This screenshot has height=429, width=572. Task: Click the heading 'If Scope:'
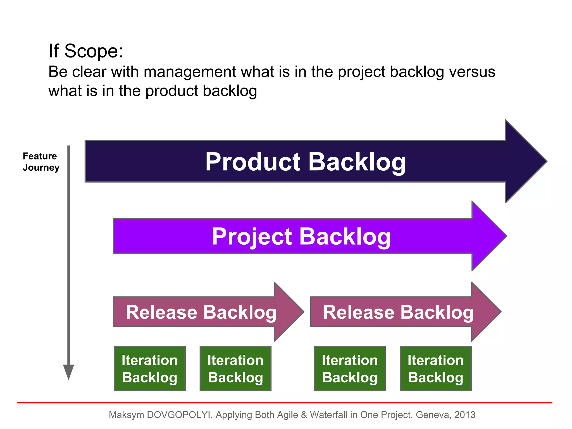tap(86, 51)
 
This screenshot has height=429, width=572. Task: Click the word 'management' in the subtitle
tap(190, 72)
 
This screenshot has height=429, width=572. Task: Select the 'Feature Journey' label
tap(41, 162)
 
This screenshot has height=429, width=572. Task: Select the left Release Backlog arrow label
tap(201, 312)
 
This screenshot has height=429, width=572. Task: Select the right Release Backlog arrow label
tap(398, 312)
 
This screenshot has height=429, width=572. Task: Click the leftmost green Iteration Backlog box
tap(150, 368)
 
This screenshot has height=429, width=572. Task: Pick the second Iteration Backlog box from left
tap(235, 368)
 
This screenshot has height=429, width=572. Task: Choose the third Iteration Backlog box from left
tap(350, 368)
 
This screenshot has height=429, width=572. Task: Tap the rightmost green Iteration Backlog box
tap(435, 368)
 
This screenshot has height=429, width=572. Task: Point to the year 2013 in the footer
tap(465, 415)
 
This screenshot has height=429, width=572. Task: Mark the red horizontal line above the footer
tap(285, 403)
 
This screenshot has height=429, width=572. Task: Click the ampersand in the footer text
tap(304, 415)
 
